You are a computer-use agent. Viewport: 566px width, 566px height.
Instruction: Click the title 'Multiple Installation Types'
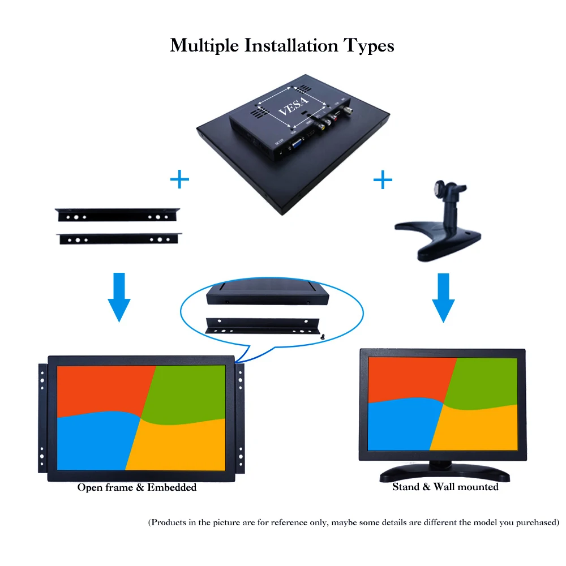pos(282,45)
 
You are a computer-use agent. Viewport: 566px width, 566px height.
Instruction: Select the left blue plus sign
pos(179,181)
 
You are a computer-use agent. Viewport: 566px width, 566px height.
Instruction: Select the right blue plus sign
pos(383,181)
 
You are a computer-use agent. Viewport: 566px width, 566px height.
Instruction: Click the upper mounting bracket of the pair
pos(118,216)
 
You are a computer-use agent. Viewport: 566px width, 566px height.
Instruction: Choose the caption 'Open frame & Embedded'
pos(137,487)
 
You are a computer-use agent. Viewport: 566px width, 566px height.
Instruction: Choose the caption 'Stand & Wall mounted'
pos(445,487)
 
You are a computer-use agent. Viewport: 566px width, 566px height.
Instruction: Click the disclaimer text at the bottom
pos(353,522)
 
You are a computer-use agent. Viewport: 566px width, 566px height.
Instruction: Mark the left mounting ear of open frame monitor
pos(42,419)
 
